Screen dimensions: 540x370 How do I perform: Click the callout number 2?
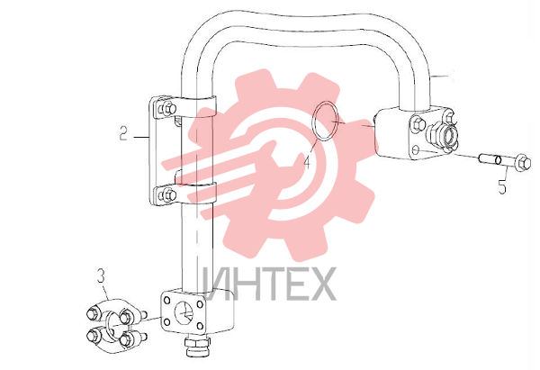(123, 133)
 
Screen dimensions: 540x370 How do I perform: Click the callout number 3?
(101, 276)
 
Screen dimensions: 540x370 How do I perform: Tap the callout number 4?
(307, 162)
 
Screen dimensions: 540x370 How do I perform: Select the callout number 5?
(502, 186)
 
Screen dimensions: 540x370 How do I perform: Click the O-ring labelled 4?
(311, 121)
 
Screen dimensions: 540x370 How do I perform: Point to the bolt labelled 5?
(504, 161)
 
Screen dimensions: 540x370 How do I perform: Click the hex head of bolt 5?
(523, 162)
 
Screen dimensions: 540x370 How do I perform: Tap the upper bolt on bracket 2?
(167, 109)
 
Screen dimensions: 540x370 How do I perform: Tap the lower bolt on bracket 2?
(167, 195)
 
